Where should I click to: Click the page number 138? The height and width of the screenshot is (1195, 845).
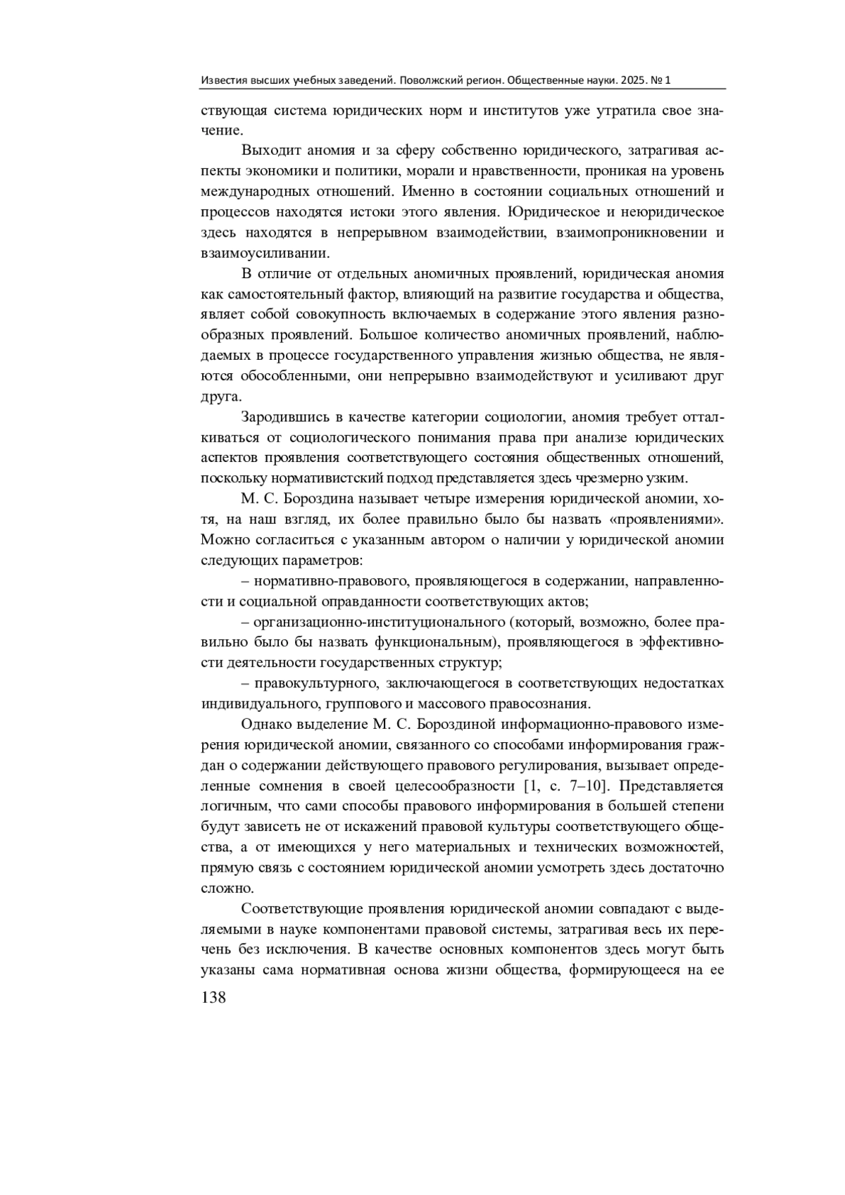click(x=213, y=997)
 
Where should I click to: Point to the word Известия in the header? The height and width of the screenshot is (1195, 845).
click(x=223, y=81)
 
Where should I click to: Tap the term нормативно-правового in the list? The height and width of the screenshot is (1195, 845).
click(x=330, y=581)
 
